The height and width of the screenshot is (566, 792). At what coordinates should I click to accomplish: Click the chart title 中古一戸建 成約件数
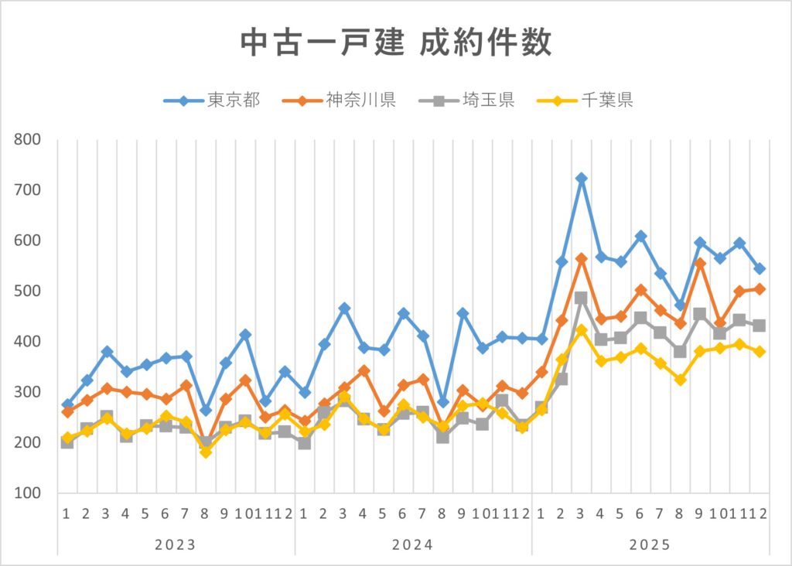[x=396, y=43]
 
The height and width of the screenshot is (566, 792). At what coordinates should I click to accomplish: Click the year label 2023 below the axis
[x=176, y=544]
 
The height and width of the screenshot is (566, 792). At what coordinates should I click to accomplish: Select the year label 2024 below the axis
[x=413, y=544]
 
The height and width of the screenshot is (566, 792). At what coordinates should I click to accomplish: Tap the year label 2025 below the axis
[x=650, y=544]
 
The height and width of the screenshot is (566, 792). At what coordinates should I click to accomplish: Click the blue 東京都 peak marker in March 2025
[x=582, y=179]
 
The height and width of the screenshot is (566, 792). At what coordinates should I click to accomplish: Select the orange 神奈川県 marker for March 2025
[x=582, y=259]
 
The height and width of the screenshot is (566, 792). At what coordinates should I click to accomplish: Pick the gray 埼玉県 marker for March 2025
[x=582, y=298]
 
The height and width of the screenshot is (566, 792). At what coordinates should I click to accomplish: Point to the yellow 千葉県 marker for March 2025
[x=582, y=331]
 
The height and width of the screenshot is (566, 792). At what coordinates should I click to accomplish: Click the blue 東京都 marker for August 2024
[x=443, y=402]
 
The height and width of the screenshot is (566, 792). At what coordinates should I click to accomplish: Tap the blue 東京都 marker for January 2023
[x=67, y=404]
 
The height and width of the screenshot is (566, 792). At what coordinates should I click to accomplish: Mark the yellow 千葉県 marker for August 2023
[x=206, y=452]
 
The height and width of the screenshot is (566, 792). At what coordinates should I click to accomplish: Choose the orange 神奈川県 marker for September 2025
[x=700, y=264]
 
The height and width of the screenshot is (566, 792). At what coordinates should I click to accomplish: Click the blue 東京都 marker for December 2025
[x=760, y=268]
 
